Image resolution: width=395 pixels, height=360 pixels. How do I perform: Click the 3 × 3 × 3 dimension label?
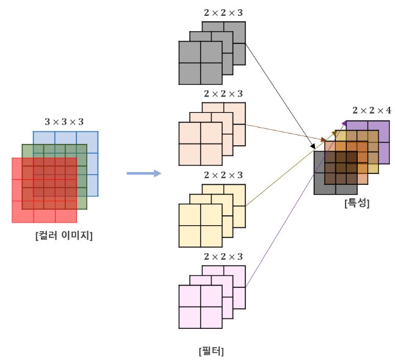point(64,121)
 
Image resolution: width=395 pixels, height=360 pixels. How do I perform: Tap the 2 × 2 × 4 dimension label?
point(372,110)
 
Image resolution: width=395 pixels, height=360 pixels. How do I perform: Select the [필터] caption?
point(211,351)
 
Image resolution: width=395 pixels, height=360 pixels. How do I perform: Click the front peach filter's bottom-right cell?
point(211,154)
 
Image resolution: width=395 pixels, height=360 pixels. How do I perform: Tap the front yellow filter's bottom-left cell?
point(189,236)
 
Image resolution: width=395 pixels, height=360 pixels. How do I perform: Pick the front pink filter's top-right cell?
point(211,296)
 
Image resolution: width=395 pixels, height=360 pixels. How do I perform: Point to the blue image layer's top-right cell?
point(87,138)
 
